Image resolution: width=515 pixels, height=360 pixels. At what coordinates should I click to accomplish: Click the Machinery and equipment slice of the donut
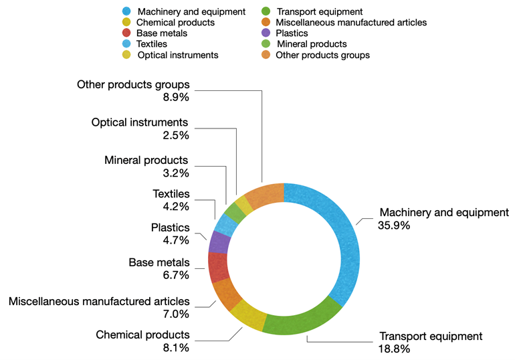click(x=344, y=241)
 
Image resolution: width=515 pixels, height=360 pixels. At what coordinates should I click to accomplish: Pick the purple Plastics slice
click(x=220, y=242)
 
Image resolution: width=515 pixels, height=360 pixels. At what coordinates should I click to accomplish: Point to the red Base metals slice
click(x=218, y=267)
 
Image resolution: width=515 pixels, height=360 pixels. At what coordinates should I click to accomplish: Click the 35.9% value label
click(x=394, y=226)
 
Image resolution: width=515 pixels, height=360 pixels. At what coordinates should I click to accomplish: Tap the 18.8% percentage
click(x=394, y=349)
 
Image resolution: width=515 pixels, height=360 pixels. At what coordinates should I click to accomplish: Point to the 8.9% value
click(x=176, y=97)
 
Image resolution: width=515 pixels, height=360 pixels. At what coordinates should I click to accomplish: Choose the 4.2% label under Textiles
click(x=176, y=206)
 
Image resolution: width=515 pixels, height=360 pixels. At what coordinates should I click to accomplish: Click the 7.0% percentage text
click(x=176, y=314)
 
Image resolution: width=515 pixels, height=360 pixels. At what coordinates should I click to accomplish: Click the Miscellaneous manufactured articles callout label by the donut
click(x=99, y=302)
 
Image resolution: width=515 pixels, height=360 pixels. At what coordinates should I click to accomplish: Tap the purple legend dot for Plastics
click(x=266, y=33)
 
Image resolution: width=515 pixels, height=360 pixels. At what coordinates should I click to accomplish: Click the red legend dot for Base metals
click(x=126, y=33)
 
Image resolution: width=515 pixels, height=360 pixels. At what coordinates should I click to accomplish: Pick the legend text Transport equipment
click(x=319, y=11)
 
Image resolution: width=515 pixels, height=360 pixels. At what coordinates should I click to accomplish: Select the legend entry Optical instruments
click(x=178, y=55)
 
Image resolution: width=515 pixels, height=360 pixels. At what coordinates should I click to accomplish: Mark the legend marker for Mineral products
click(x=266, y=44)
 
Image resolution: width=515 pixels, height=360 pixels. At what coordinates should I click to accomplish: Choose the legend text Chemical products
click(x=175, y=22)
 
